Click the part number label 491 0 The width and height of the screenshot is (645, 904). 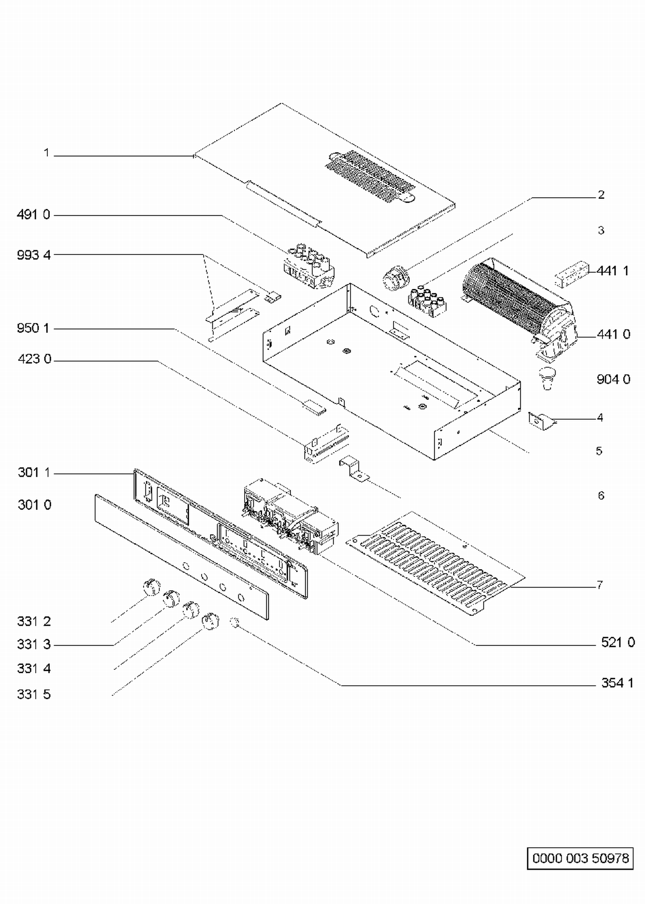[x=34, y=214]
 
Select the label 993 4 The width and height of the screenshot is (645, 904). [x=34, y=255]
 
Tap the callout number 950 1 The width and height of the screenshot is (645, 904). [x=33, y=328]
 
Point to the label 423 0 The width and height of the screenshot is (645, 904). [x=34, y=359]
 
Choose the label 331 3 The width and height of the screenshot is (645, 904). [x=34, y=644]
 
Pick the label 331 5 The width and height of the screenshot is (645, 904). [x=34, y=694]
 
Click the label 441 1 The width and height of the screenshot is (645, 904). [x=613, y=271]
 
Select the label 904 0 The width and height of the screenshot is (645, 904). [x=614, y=379]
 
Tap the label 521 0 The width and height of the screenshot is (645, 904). [x=618, y=642]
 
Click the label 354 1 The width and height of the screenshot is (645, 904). [x=617, y=683]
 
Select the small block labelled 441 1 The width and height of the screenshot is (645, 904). [x=571, y=273]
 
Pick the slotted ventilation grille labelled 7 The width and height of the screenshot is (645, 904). [x=436, y=564]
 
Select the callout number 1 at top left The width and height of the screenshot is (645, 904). [x=46, y=153]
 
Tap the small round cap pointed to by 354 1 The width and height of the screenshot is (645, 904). [x=234, y=622]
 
